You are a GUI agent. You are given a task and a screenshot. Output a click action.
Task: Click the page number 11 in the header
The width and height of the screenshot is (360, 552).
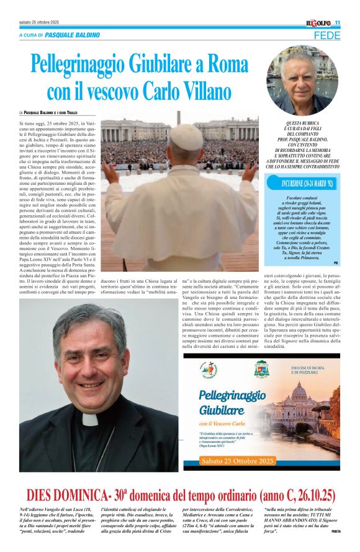[x=338, y=23]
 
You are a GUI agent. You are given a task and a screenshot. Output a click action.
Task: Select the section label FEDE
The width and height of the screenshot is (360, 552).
[x=326, y=35]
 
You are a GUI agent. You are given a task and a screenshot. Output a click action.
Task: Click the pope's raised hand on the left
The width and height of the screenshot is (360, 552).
[x=110, y=172]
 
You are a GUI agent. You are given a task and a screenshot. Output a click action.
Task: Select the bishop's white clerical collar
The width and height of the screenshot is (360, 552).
[x=91, y=419]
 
